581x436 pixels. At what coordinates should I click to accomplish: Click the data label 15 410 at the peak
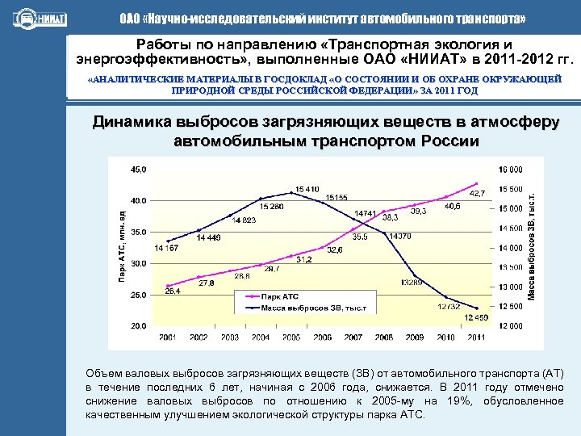(307, 188)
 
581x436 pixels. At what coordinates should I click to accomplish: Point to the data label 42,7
(478, 194)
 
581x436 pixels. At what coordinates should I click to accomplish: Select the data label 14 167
(166, 248)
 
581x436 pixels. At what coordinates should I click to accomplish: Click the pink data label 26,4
(173, 291)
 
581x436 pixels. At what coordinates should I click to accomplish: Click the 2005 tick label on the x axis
(291, 336)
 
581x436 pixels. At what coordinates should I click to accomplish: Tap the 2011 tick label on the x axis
(476, 336)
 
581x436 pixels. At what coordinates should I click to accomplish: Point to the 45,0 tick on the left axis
(139, 169)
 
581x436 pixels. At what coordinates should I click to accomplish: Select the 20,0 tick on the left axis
(139, 326)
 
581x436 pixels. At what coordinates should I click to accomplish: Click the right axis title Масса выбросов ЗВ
(533, 247)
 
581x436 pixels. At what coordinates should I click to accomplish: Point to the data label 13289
(412, 282)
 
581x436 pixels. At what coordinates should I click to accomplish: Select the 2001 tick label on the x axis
(168, 336)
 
